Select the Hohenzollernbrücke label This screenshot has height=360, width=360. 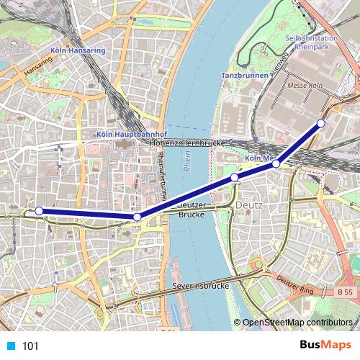point(189,143)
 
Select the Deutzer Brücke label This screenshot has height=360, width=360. point(192,210)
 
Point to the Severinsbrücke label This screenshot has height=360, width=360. point(201,286)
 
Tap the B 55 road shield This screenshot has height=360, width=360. point(346,293)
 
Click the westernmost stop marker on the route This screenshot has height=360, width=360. point(40,211)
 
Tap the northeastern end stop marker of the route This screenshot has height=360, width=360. point(321,123)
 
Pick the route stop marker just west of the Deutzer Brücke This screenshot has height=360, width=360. point(137,217)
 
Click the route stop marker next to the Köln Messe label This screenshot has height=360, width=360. point(276,164)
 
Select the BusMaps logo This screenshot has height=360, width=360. point(325,346)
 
